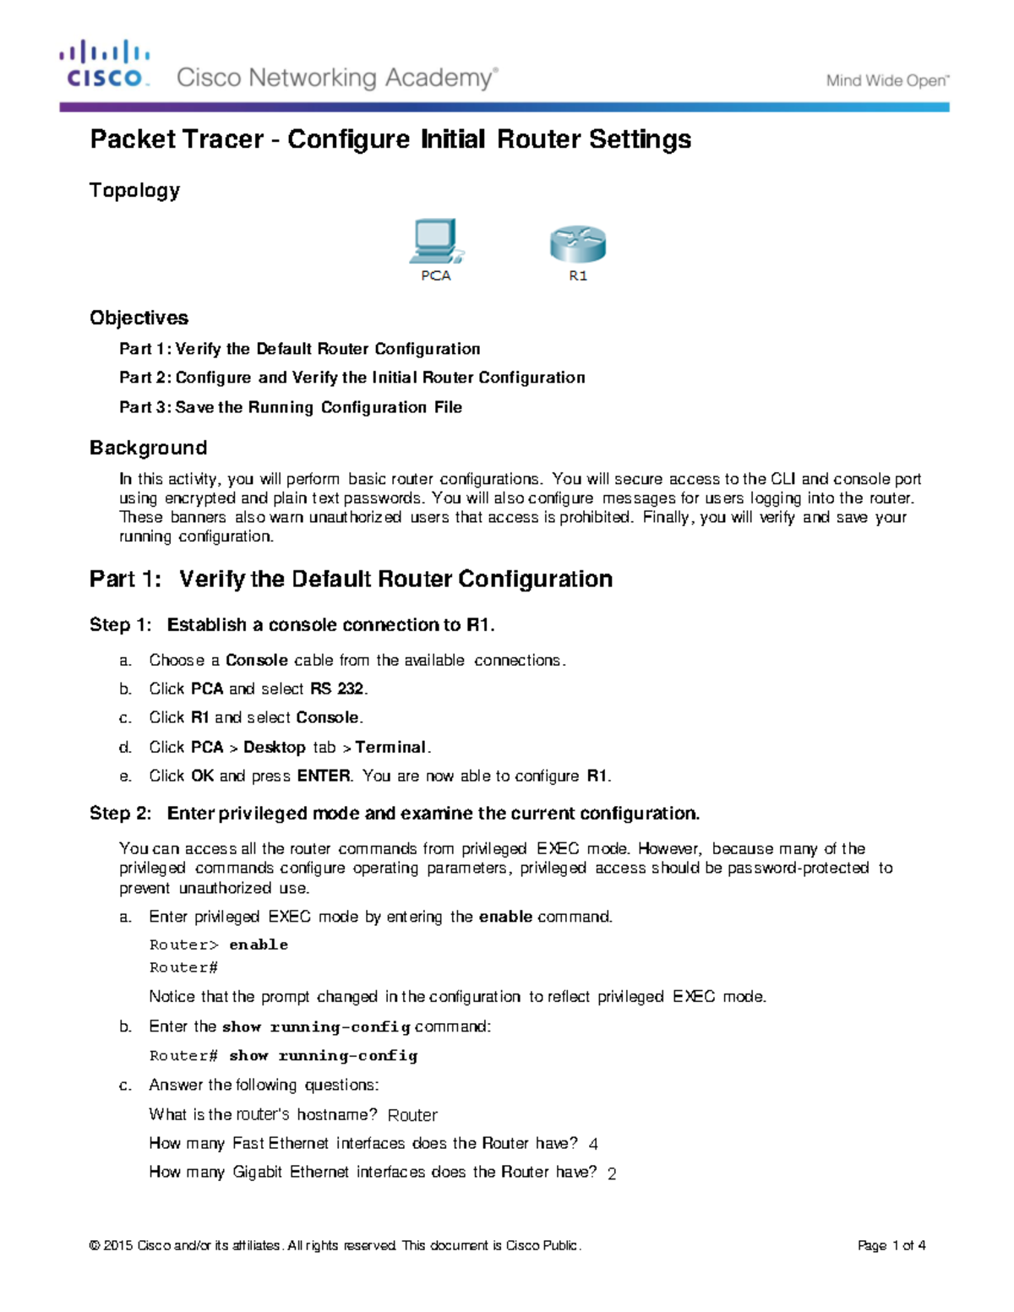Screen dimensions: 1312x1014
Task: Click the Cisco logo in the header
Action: tap(105, 64)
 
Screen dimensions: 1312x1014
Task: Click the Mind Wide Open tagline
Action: tap(887, 81)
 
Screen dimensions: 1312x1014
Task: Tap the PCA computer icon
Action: tap(435, 242)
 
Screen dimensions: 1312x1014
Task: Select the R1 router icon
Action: tap(578, 244)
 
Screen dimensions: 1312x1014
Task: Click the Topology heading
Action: tap(134, 190)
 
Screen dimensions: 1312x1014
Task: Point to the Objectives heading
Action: tap(139, 318)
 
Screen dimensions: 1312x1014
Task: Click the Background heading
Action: tap(148, 448)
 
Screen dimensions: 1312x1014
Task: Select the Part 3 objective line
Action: tap(291, 407)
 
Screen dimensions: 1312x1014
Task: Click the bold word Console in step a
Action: tap(256, 660)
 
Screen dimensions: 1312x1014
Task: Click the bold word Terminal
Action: tap(391, 747)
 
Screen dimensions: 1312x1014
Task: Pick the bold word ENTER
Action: tap(324, 776)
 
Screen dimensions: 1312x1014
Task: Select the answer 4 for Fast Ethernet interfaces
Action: tap(593, 1144)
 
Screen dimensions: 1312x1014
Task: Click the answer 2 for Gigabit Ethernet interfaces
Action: tap(612, 1173)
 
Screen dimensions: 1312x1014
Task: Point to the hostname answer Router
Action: tap(412, 1115)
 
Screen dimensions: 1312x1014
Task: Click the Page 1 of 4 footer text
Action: tap(891, 1245)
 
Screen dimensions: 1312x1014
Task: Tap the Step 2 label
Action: tap(120, 813)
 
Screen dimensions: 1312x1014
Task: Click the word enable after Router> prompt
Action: tap(259, 945)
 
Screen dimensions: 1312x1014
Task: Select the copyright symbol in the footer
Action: tap(95, 1245)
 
